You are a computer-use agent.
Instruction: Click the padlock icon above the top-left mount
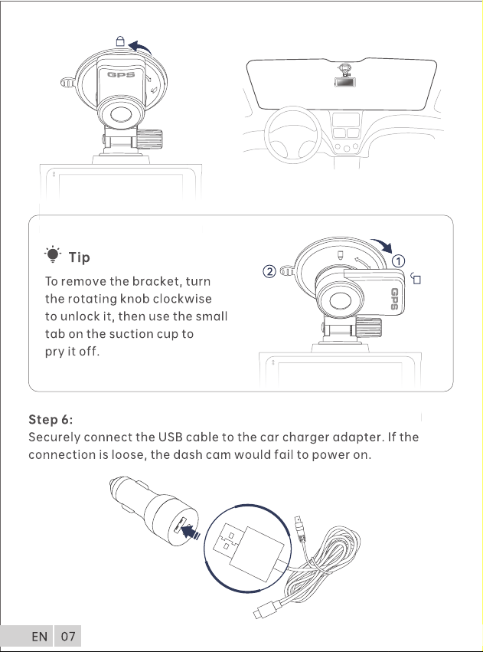tap(120, 41)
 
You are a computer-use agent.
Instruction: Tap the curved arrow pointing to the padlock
tap(140, 48)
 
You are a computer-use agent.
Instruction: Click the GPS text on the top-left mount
tap(121, 74)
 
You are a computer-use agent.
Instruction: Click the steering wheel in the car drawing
tap(293, 134)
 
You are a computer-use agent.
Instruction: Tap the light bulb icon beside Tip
tap(53, 254)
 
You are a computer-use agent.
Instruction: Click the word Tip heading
tap(79, 257)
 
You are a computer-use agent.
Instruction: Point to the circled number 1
tap(398, 261)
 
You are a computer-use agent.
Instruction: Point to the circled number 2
tap(269, 272)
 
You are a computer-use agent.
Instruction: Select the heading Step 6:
tap(51, 420)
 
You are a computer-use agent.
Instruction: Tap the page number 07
tap(68, 637)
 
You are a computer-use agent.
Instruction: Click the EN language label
tap(40, 637)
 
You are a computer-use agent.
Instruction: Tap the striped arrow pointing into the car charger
tap(191, 532)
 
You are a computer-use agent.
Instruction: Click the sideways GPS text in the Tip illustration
tap(394, 299)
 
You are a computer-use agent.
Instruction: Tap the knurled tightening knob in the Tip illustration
tap(369, 326)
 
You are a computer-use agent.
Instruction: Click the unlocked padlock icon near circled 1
tap(416, 278)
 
